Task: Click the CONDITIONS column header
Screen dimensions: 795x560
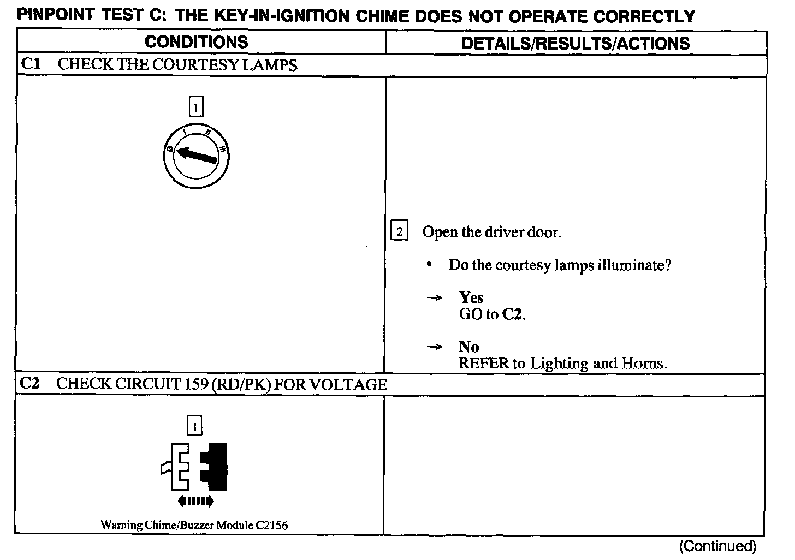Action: (x=196, y=42)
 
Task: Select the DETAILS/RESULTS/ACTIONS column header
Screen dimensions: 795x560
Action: (x=576, y=43)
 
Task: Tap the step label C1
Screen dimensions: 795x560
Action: (x=31, y=64)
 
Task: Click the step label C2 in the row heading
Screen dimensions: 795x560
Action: (x=30, y=383)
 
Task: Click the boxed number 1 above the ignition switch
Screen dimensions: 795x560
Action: (x=195, y=106)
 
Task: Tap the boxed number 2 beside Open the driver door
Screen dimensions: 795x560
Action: (x=400, y=232)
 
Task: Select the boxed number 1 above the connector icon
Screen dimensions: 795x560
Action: (x=195, y=425)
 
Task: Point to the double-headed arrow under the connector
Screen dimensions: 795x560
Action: (x=195, y=501)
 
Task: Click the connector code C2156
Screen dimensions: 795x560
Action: (x=271, y=526)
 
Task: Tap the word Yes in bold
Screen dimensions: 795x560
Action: (x=471, y=297)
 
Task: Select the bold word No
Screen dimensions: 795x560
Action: (x=468, y=347)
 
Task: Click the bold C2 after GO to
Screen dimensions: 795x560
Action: (x=512, y=314)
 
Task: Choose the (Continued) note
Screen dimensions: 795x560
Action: (x=717, y=546)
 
